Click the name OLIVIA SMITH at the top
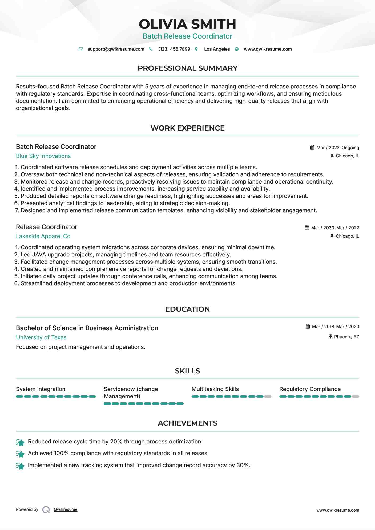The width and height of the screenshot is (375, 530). [187, 24]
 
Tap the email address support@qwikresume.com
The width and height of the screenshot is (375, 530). [116, 49]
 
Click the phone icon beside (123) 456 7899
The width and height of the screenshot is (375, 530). [151, 49]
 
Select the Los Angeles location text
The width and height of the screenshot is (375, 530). [217, 49]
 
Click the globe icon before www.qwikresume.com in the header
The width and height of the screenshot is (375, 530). [237, 49]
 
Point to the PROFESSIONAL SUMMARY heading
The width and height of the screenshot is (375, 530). [187, 68]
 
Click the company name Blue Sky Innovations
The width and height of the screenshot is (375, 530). [43, 156]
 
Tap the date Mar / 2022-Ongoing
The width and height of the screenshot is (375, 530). [337, 148]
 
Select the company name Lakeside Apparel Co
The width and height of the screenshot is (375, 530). [43, 236]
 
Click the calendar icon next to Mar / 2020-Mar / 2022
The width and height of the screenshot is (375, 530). [307, 228]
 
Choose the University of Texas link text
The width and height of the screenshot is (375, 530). [41, 337]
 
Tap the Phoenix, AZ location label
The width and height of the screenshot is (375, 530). [346, 337]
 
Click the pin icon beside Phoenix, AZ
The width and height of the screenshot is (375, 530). [330, 337]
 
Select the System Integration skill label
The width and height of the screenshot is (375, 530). [41, 389]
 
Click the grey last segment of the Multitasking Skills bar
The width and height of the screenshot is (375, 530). [268, 397]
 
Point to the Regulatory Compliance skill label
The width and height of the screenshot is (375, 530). [310, 389]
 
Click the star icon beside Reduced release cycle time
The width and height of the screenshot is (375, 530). [20, 442]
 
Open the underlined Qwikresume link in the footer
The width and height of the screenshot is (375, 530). [65, 509]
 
